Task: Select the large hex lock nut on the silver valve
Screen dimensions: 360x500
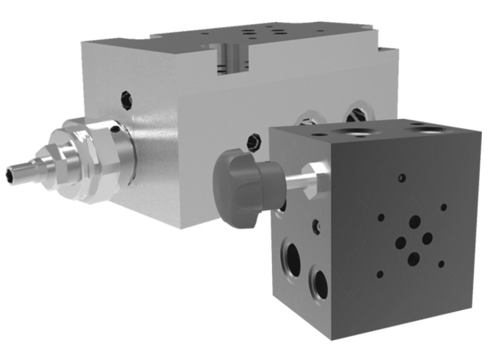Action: click(x=93, y=157)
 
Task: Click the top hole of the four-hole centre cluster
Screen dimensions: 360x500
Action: click(x=415, y=222)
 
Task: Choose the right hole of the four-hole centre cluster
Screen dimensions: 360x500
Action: click(x=428, y=238)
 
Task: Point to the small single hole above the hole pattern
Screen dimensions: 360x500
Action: click(x=401, y=178)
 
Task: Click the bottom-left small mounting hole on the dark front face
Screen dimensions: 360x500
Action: click(x=380, y=273)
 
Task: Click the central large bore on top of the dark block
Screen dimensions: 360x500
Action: click(x=357, y=131)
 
